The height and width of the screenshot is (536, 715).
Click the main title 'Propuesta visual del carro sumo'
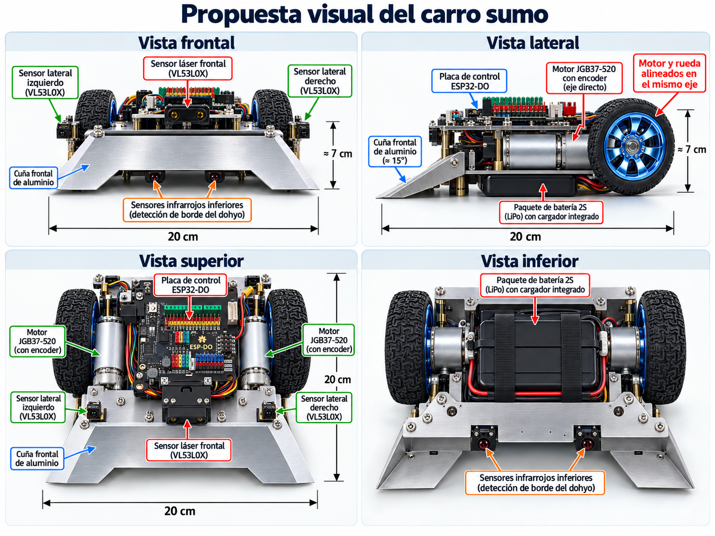click(364, 15)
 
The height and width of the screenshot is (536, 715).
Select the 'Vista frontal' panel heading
click(186, 42)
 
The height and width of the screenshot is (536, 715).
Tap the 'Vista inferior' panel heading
click(530, 261)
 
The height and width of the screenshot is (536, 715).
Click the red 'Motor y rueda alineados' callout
click(670, 74)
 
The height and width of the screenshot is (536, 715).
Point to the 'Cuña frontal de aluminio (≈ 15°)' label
click(395, 152)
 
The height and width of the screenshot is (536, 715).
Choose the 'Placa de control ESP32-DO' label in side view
click(469, 81)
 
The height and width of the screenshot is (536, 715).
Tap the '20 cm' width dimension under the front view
click(183, 236)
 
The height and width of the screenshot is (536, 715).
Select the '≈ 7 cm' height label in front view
click(338, 153)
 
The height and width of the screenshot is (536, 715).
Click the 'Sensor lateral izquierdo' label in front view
click(45, 82)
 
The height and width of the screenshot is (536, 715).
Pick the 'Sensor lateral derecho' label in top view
click(324, 408)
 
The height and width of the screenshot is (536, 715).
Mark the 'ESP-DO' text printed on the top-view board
click(201, 347)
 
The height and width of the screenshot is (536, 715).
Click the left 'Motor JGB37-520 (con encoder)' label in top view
click(38, 342)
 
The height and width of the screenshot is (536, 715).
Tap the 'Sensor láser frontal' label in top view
click(189, 450)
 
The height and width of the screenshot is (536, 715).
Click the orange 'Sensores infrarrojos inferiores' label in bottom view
click(535, 483)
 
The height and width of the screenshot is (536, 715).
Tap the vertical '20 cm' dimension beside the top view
click(338, 379)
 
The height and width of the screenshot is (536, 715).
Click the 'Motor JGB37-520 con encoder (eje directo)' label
click(584, 78)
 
